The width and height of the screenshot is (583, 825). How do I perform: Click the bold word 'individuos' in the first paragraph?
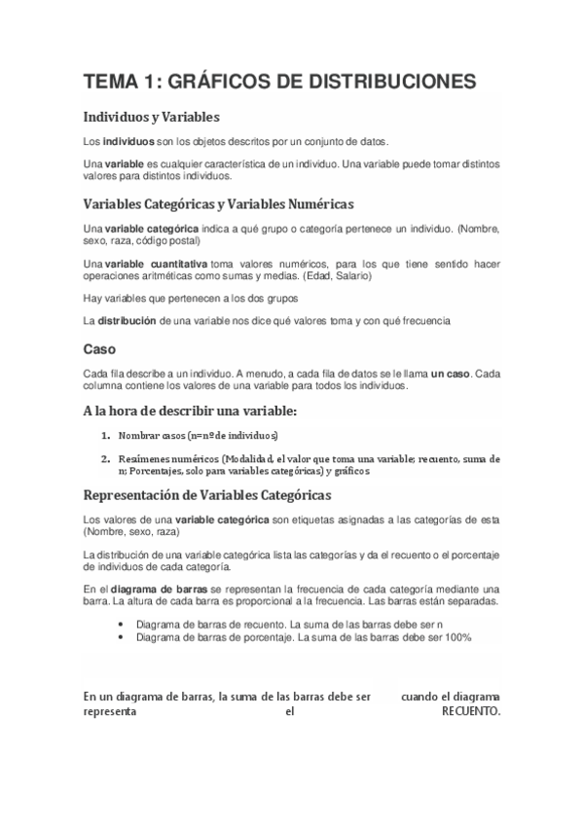(x=129, y=142)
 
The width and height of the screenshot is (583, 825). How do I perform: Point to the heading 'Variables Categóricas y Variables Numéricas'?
(x=219, y=204)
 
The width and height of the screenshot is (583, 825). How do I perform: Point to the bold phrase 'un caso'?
(x=453, y=374)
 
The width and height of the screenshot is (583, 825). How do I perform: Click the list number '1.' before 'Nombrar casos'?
(x=105, y=434)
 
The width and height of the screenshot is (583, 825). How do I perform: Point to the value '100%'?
(x=455, y=637)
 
